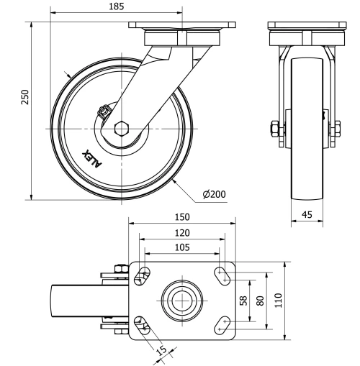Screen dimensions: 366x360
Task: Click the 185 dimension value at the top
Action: click(x=114, y=6)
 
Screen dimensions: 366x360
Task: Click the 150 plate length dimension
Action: click(x=182, y=216)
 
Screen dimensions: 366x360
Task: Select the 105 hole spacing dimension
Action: click(x=182, y=247)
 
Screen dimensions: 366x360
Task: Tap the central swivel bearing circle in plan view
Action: click(x=182, y=298)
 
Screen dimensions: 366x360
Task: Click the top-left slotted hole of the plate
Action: click(x=143, y=275)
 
